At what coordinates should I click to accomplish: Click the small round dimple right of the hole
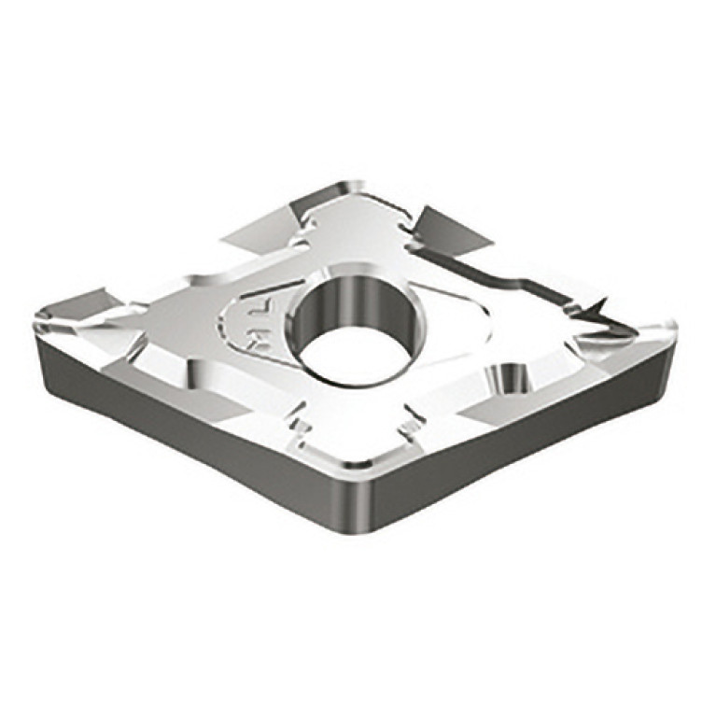[x=509, y=378]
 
